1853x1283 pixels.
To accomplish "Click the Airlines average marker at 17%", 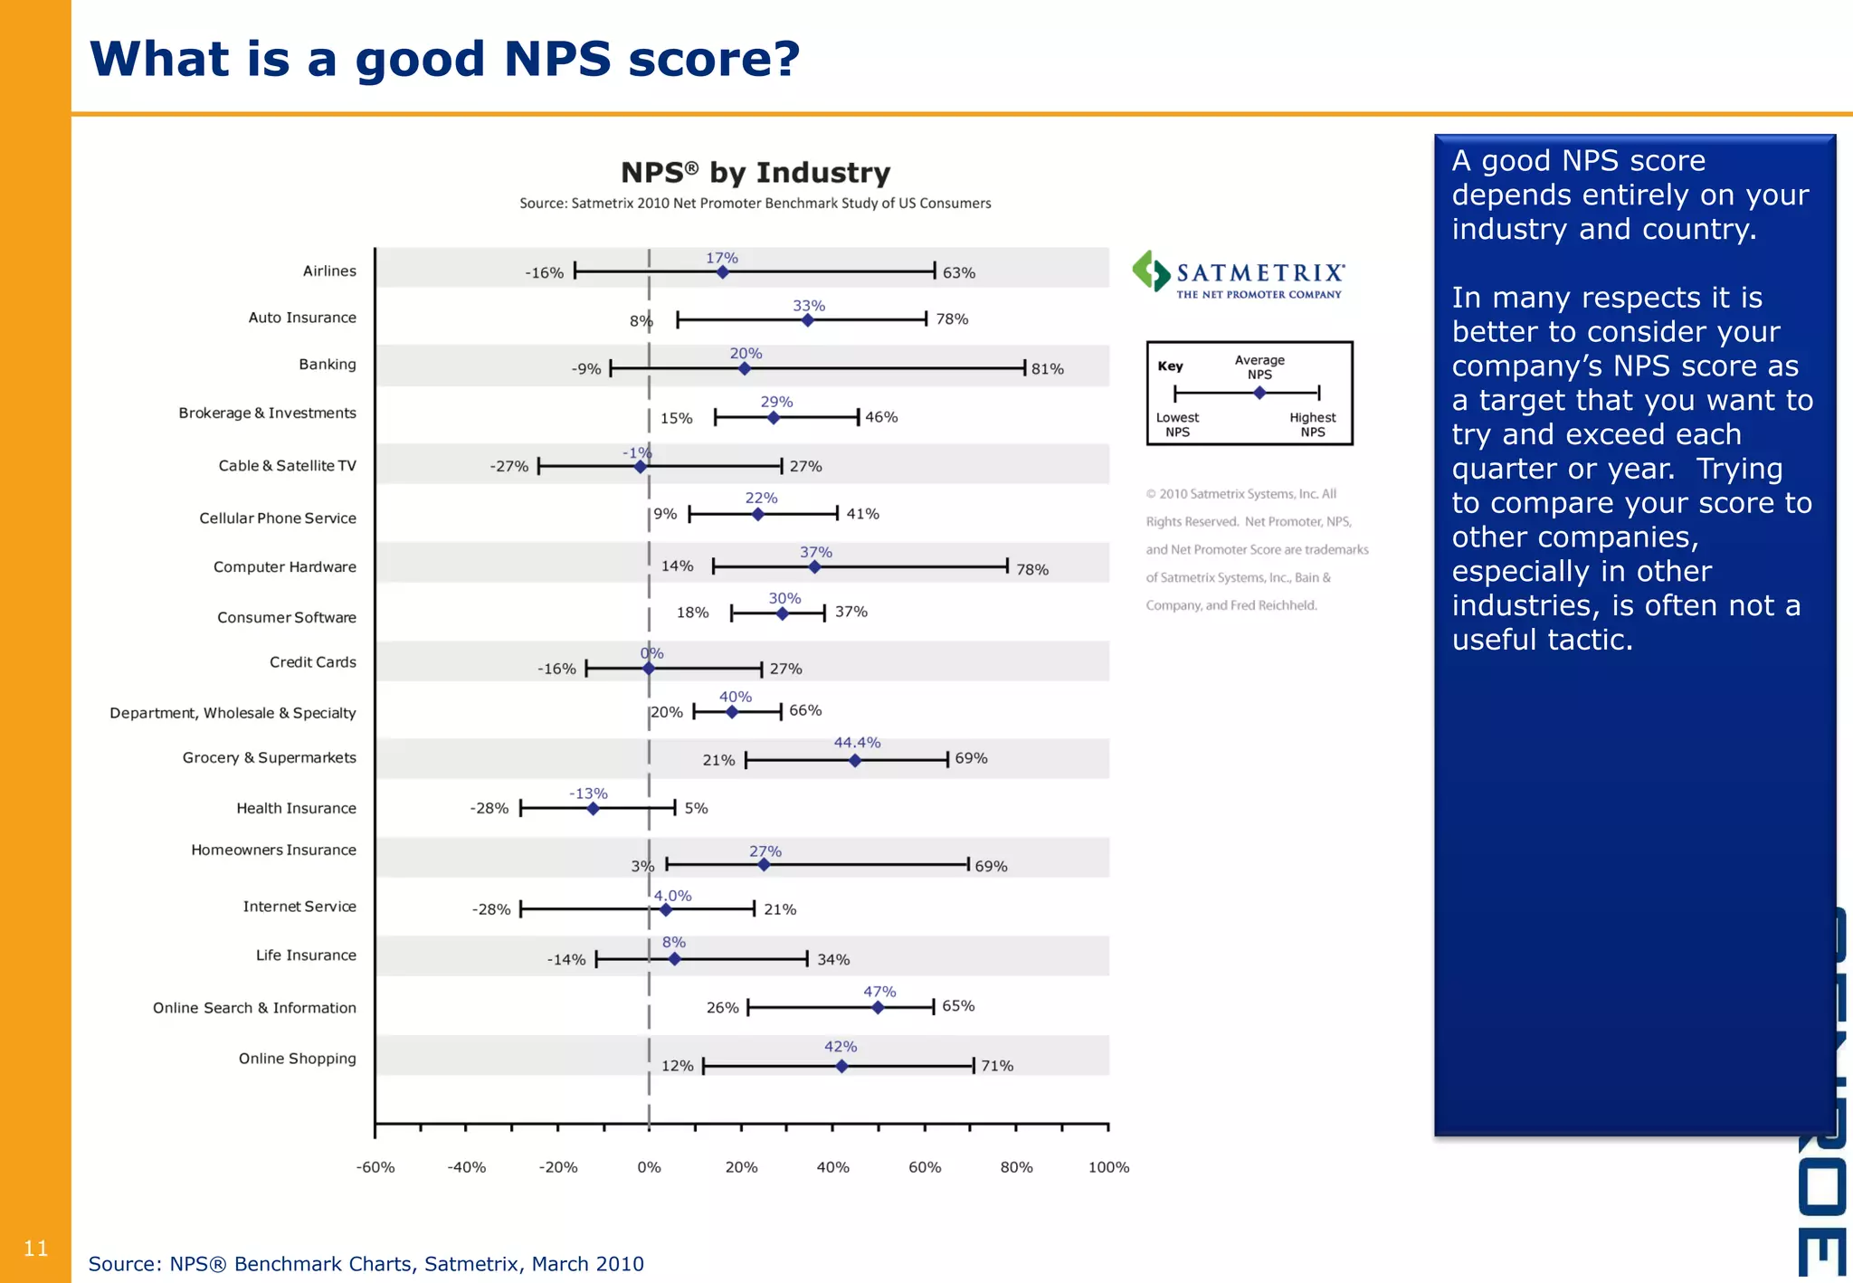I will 722,272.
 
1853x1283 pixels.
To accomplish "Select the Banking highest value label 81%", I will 1047,369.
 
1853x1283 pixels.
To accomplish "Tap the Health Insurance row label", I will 296,808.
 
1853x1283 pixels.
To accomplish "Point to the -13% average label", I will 588,794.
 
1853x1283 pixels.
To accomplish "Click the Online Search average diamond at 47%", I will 878,1007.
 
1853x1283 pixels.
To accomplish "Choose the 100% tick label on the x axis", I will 1108,1167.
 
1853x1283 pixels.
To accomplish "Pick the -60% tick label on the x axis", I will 375,1167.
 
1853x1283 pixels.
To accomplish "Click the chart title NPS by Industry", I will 755,172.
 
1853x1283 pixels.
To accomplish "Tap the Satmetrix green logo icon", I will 1151,271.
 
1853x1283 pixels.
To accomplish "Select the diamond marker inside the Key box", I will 1259,393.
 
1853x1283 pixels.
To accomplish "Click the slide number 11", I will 35,1249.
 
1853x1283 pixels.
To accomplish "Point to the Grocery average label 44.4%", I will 857,742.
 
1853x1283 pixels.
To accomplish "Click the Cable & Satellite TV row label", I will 287,465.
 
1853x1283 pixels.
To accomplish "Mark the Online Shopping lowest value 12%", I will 677,1066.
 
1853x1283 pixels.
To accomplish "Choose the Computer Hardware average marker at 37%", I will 814,567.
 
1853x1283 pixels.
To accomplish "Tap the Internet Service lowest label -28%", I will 491,909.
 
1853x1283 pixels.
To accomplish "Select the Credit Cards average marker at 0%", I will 649,669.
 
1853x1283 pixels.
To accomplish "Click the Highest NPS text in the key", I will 1312,424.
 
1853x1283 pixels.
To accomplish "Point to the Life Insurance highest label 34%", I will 833,959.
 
